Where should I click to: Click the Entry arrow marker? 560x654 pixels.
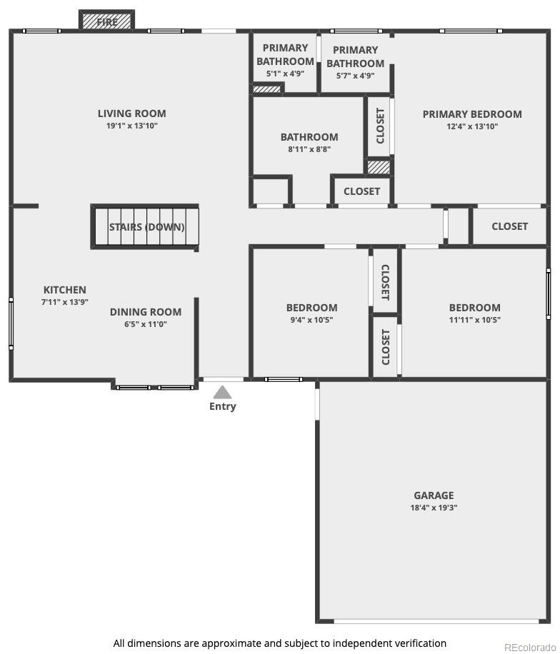[x=222, y=392]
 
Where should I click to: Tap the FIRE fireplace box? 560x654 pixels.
[x=107, y=21]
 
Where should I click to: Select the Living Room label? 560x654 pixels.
[x=132, y=114]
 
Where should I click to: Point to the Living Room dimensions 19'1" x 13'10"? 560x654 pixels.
[x=132, y=126]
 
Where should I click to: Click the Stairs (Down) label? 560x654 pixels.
[x=147, y=227]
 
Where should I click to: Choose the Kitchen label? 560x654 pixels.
[x=65, y=290]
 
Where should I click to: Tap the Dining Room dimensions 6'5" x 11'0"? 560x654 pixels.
[x=146, y=324]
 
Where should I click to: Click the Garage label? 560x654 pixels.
[x=434, y=495]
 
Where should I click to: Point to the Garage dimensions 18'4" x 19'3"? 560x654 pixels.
[x=434, y=508]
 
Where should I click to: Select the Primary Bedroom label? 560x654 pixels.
[x=472, y=114]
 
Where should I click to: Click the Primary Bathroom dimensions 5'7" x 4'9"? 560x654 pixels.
[x=356, y=76]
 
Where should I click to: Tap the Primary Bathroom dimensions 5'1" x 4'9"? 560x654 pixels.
[x=286, y=74]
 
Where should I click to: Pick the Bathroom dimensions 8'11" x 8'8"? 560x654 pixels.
[x=309, y=149]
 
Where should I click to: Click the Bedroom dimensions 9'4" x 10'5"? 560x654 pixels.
[x=311, y=320]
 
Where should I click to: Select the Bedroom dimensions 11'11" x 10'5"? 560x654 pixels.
[x=475, y=320]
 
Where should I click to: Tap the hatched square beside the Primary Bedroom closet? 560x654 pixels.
[x=379, y=167]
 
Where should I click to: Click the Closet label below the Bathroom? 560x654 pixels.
[x=362, y=191]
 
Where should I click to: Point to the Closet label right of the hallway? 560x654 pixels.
[x=509, y=226]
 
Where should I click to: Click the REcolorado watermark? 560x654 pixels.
[x=530, y=648]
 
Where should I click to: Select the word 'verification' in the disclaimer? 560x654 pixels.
[x=422, y=643]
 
